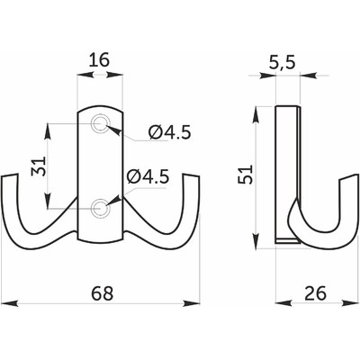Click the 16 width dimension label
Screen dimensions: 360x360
click(100, 59)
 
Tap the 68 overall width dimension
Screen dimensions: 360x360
click(103, 293)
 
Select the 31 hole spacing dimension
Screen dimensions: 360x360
click(39, 166)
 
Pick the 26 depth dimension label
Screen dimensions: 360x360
click(315, 293)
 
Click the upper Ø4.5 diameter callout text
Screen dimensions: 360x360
click(169, 132)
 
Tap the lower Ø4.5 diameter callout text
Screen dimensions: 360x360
click(147, 177)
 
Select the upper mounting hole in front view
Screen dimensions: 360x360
click(101, 123)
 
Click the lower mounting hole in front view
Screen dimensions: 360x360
click(101, 208)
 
